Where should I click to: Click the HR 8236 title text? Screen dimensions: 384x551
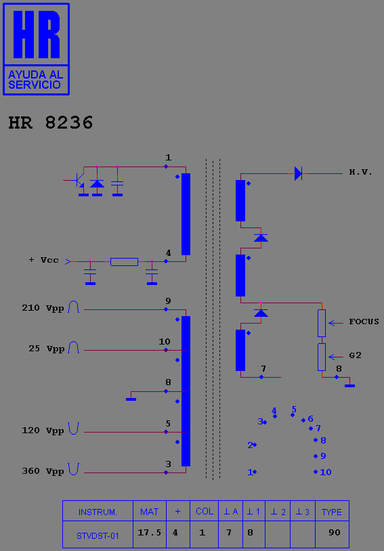(x=51, y=123)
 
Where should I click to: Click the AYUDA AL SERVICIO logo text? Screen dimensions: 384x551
(x=35, y=79)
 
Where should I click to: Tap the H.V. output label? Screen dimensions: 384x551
(x=360, y=172)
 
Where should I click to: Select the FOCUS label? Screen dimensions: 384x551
(x=364, y=322)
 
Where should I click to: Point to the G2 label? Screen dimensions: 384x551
(x=355, y=355)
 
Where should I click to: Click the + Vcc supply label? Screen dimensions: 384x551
(x=44, y=261)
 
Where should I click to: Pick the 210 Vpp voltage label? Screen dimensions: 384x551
(x=43, y=308)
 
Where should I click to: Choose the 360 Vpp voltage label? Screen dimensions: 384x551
(x=43, y=471)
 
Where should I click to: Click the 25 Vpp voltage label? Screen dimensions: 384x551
(x=47, y=349)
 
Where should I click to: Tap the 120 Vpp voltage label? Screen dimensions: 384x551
(x=43, y=431)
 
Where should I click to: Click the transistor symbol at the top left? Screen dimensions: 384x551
(x=79, y=181)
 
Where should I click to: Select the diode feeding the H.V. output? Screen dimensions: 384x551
(x=298, y=173)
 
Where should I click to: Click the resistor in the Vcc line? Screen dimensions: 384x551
(x=124, y=262)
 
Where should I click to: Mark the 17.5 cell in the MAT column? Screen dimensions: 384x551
(x=149, y=532)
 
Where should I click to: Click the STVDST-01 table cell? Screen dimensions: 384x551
(x=98, y=536)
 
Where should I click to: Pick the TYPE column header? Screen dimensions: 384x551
(x=332, y=512)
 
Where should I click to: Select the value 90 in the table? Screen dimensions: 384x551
(x=335, y=532)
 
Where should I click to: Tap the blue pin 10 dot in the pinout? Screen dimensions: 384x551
(x=316, y=472)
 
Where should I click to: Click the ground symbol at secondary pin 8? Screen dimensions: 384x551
(x=349, y=385)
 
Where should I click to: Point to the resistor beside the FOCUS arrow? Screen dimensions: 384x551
(x=322, y=324)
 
